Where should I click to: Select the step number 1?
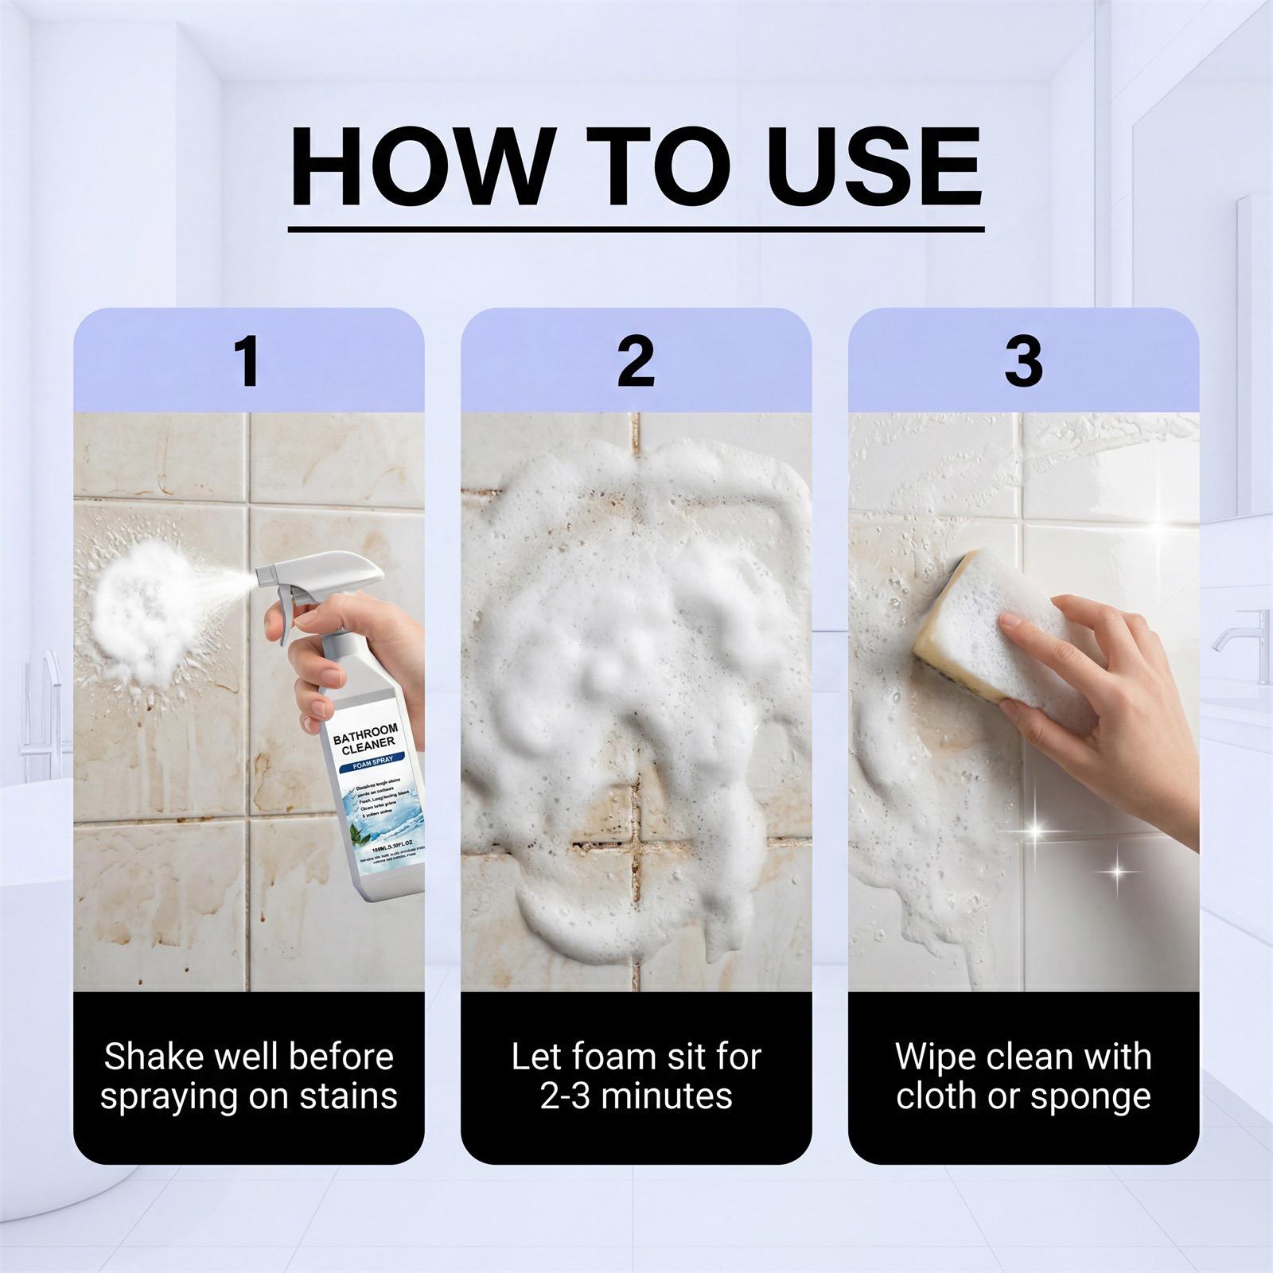point(249,362)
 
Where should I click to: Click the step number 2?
point(636,362)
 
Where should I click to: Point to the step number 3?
point(1023,362)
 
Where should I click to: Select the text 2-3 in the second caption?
point(566,1096)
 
